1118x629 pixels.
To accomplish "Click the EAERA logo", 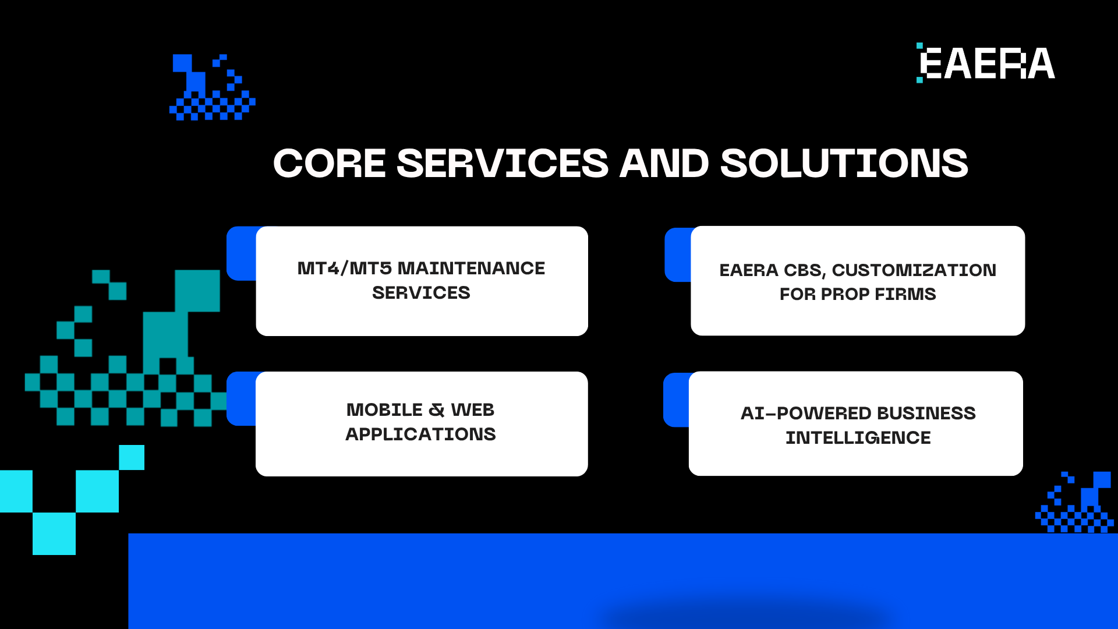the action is coord(986,63).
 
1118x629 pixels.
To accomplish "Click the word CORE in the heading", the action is coord(330,163).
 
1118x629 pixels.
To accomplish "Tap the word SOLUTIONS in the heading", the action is coord(844,163).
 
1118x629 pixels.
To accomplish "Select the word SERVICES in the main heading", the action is coord(503,163).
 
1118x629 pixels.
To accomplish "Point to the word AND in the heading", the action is coord(664,163).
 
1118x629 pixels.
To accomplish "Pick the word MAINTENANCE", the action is coord(471,268).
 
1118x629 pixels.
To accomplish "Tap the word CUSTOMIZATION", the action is coord(914,270).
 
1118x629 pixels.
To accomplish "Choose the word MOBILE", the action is coord(384,410).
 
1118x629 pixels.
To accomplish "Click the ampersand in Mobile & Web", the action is coord(437,410).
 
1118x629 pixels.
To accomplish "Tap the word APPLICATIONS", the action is coord(420,434).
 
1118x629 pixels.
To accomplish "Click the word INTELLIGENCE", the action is coord(858,438).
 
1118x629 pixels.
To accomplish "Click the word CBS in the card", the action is coord(805,270).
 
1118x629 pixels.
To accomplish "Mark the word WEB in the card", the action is coord(473,410).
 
